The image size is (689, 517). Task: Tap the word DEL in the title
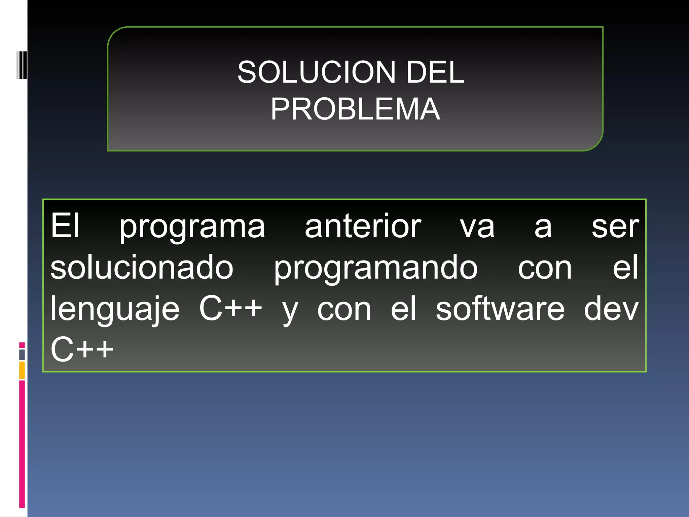[435, 72]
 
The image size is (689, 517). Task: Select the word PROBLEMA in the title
[355, 109]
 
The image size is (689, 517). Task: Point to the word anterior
[363, 226]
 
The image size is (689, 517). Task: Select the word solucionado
[142, 267]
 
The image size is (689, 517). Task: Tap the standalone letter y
[290, 311]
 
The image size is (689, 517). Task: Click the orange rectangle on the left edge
[22, 370]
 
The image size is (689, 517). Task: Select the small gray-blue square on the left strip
[22, 354]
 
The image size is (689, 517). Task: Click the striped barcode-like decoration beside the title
[22, 65]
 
